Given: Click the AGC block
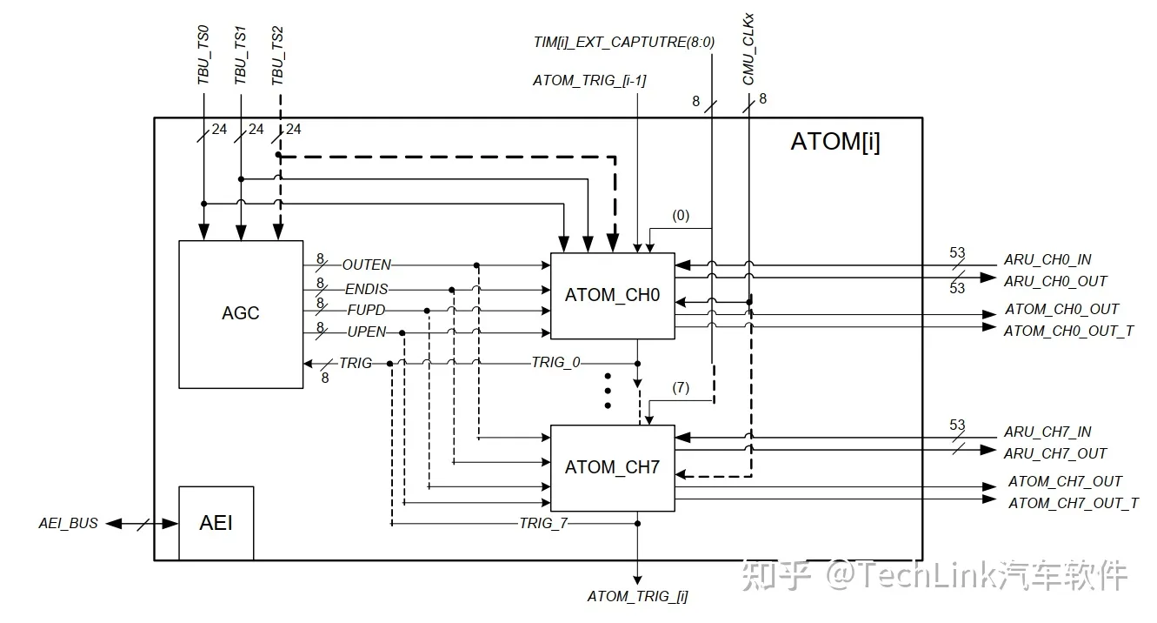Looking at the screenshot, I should [x=241, y=313].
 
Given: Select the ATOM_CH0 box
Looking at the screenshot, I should [x=612, y=295].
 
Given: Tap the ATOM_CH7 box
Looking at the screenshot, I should [x=612, y=467].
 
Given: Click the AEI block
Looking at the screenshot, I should [x=216, y=523].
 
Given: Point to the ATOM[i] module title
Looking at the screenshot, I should [x=835, y=142].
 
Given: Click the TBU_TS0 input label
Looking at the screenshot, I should [x=203, y=56].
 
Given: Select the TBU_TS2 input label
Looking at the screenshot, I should [x=278, y=56].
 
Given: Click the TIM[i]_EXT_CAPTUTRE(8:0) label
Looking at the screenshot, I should [x=623, y=41].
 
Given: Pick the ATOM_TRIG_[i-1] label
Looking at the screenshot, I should [x=589, y=81].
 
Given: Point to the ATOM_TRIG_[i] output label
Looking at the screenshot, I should [x=637, y=596].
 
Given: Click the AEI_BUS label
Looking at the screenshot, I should [x=69, y=524].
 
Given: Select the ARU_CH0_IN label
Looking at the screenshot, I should [x=1047, y=259].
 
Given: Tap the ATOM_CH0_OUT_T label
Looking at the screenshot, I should [x=1068, y=331].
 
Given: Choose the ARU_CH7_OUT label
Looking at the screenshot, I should [x=1055, y=453].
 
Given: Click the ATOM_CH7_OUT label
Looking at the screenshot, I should [x=1065, y=481].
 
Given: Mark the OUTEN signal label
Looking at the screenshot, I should [x=366, y=265].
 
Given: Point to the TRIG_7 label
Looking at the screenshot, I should [x=543, y=523].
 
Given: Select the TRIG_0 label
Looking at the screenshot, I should [x=555, y=363].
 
